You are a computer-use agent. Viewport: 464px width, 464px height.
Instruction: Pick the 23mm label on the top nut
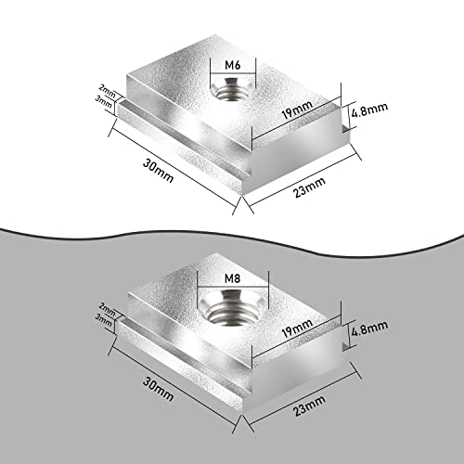coord(309,186)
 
